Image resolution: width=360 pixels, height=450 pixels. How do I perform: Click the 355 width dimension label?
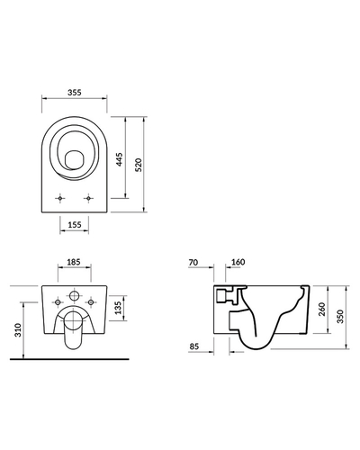[74, 93]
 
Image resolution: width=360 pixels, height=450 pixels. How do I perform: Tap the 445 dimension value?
[120, 159]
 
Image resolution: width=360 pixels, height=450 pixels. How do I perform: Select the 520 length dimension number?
[139, 165]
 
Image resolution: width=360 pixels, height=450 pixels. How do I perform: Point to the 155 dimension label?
[75, 224]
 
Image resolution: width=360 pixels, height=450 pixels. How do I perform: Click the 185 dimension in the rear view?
[74, 262]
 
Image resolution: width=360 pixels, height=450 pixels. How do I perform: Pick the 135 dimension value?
[118, 308]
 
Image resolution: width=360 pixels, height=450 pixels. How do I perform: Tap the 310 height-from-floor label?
[18, 330]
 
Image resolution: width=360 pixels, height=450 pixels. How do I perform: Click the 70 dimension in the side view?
[193, 263]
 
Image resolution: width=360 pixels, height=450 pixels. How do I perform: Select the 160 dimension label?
[238, 262]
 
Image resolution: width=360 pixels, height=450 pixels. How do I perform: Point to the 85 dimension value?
[194, 346]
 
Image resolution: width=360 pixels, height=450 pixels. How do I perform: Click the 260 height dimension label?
[321, 310]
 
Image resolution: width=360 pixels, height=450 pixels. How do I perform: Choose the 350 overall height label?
[340, 317]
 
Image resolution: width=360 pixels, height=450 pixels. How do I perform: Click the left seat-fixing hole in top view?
[60, 198]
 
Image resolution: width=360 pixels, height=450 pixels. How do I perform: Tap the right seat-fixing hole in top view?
[88, 198]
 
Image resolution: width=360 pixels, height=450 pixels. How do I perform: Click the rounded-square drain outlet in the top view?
[74, 160]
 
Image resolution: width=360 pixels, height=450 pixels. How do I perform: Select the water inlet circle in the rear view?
[74, 295]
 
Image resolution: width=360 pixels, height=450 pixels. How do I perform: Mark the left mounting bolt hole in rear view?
[58, 302]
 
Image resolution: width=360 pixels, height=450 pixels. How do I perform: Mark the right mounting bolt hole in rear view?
[91, 302]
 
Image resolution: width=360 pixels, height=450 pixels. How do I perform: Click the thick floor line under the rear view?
[69, 359]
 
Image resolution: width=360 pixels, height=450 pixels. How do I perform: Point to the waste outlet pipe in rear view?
[74, 330]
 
